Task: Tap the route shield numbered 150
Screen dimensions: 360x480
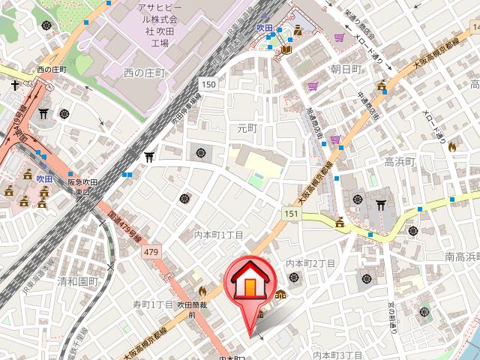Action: (x=208, y=85)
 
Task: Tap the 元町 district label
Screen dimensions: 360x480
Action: (x=247, y=128)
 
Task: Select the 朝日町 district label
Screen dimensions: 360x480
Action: (x=346, y=68)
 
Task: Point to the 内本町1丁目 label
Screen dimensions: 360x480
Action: (x=219, y=235)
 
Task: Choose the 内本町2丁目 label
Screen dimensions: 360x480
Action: (x=310, y=262)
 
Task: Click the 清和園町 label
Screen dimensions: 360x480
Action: (x=78, y=281)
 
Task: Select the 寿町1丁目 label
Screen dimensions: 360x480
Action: (x=153, y=304)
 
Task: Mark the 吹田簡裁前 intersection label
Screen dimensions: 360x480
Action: (x=191, y=310)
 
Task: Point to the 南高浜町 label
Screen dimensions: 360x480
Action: (x=462, y=257)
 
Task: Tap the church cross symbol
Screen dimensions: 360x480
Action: (x=14, y=85)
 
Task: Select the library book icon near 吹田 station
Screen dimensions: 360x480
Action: (x=286, y=49)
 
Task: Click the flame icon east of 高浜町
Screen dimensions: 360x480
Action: (x=451, y=148)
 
